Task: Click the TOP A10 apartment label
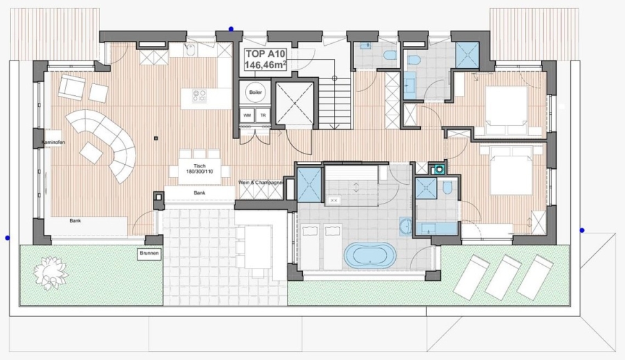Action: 266,54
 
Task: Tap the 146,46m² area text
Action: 266,65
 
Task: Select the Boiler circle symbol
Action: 256,92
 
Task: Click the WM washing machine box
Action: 247,115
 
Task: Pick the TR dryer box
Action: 262,115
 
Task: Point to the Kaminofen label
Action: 53,142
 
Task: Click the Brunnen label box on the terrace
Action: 149,254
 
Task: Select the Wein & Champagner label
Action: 260,182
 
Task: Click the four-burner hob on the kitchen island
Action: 199,96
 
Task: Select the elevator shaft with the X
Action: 294,104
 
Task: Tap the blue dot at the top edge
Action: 231,28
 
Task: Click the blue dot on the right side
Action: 582,230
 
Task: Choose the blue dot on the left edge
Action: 7,238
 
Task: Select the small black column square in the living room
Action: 156,138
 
